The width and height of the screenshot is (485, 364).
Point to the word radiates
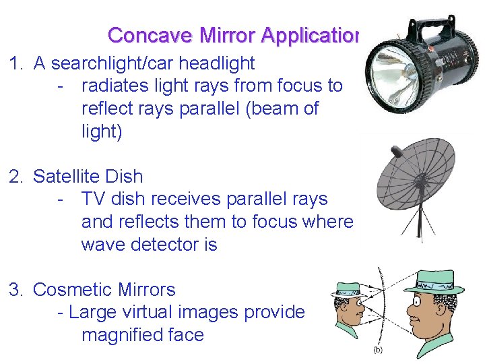pyautogui.click(x=115, y=86)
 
